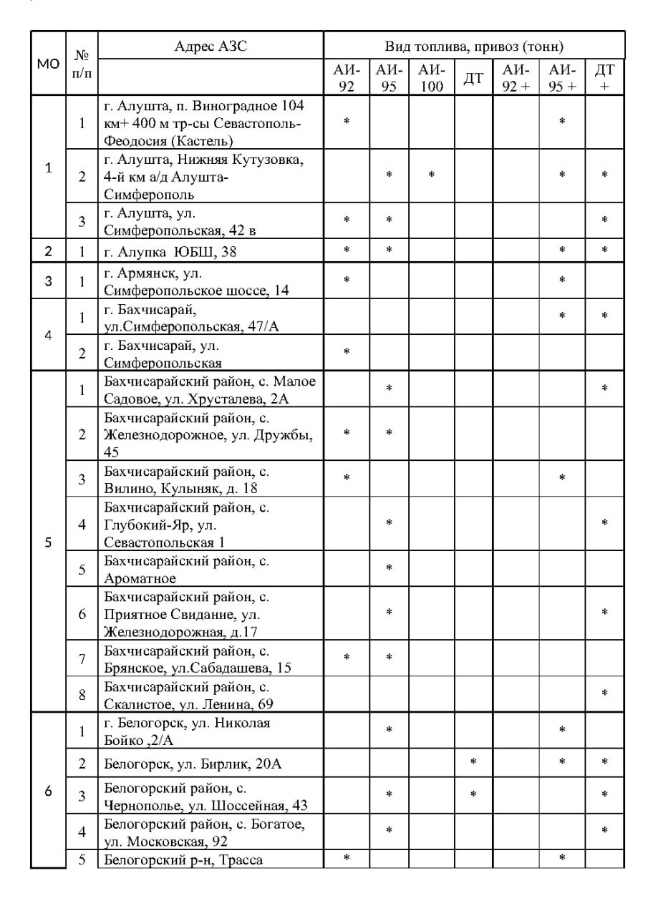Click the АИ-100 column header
[x=432, y=79]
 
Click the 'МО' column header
[x=48, y=63]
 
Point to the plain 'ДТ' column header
[x=473, y=79]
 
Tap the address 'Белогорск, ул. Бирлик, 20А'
[x=193, y=764]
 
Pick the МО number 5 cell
[x=48, y=542]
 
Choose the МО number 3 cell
[x=48, y=281]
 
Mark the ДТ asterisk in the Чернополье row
[x=473, y=795]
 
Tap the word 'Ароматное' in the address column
[x=140, y=578]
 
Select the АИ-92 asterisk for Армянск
[x=347, y=280]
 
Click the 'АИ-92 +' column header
[x=516, y=79]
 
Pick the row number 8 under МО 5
[x=82, y=694]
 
